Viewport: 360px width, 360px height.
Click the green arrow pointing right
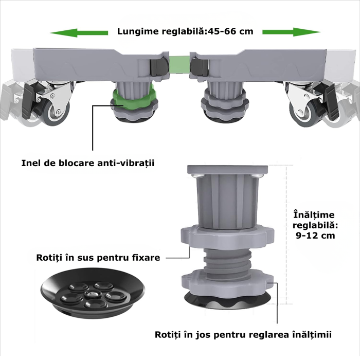point(291,32)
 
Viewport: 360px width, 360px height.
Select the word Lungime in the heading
point(137,31)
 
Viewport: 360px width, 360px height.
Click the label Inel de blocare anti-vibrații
point(88,163)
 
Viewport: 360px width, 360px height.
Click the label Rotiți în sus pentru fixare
point(98,257)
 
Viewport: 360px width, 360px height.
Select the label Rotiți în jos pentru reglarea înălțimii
point(243,335)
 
